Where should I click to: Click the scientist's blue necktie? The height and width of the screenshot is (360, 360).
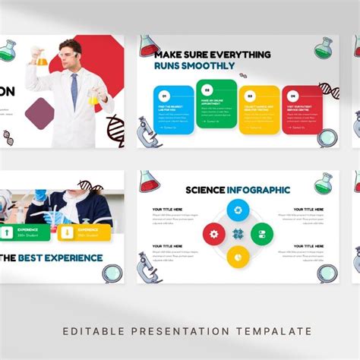(x=74, y=89)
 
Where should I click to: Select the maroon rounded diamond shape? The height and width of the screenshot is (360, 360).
(x=39, y=112)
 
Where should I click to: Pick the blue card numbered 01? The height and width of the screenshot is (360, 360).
(x=173, y=108)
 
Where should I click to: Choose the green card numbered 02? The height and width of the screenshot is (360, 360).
(x=216, y=108)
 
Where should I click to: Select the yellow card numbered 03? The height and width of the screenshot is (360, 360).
(x=258, y=109)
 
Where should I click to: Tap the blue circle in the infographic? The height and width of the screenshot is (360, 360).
(x=238, y=210)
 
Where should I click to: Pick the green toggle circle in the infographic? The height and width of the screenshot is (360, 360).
(x=261, y=233)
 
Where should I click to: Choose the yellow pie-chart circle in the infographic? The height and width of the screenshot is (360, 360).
(x=238, y=257)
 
